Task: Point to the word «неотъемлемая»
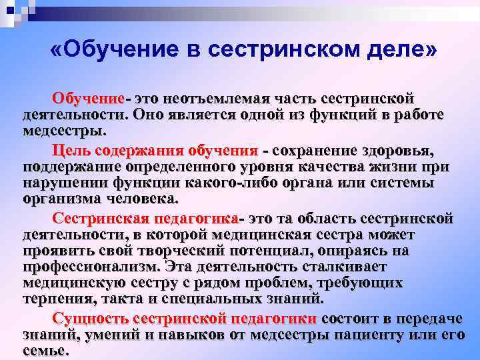pos(217,99)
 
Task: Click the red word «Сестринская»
pos(101,218)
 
